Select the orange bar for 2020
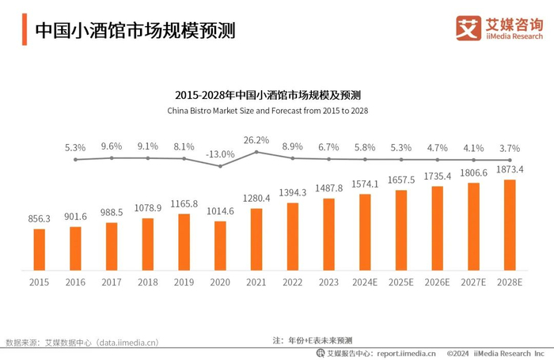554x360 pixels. pos(220,244)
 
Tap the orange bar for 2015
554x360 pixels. pos(39,248)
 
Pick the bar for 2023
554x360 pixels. pos(328,233)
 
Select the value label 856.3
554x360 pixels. pos(39,218)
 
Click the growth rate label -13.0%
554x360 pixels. pos(221,153)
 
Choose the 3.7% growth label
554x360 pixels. pos(510,147)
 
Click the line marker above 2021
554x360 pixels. pos(256,151)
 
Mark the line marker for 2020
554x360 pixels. pos(220,166)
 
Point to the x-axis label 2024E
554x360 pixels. pos(365,281)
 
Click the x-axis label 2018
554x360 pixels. pos(148,281)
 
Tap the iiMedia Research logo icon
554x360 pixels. pos(469,28)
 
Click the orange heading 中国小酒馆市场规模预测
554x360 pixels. pos(135,30)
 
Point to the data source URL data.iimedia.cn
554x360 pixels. pos(127,343)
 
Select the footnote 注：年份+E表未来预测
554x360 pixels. pos(313,339)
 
